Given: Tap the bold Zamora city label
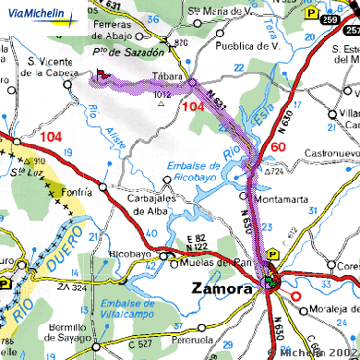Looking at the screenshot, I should (x=222, y=288).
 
